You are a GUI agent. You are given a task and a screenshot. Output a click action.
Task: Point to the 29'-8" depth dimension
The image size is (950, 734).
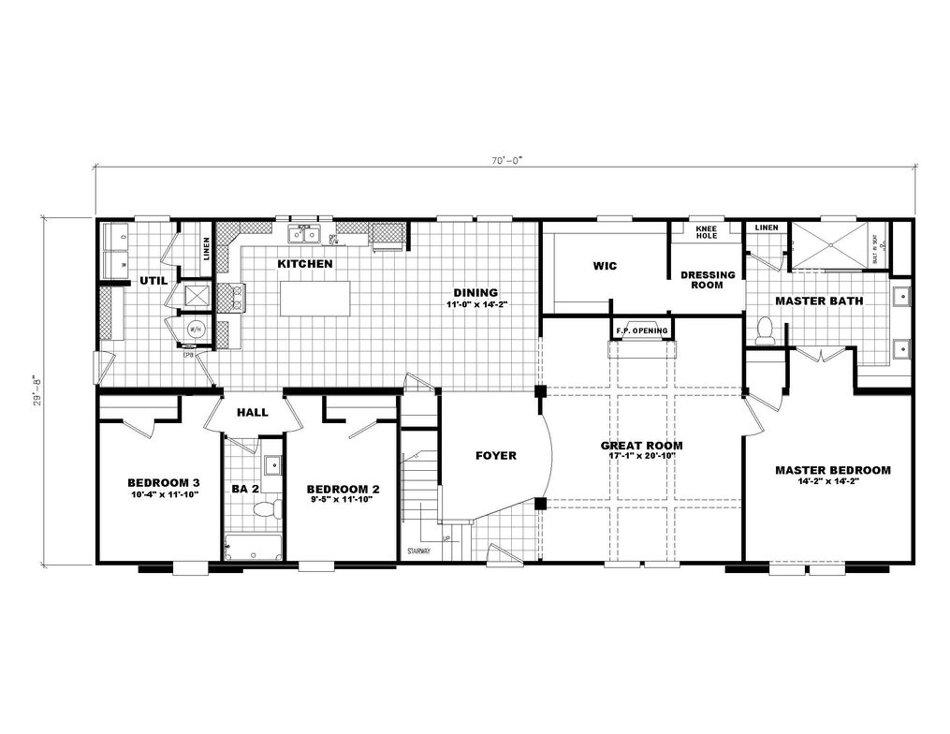coord(36,390)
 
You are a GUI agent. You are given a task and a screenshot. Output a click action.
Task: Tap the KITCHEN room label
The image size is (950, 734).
coord(305,265)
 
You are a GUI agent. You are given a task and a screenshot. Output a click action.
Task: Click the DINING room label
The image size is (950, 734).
coord(476,292)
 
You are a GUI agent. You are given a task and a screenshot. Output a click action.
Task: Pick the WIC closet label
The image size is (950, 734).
coord(605,266)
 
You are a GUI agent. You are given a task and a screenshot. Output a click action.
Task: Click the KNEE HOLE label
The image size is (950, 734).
coord(706,232)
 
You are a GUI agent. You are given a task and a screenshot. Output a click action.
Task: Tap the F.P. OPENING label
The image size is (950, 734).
coord(641,331)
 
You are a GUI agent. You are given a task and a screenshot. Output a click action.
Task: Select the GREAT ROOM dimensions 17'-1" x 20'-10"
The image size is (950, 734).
coord(641,458)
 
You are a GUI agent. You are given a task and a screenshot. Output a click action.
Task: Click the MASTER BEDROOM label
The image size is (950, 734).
coord(832,470)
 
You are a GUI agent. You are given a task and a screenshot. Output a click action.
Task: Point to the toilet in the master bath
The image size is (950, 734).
coord(764,330)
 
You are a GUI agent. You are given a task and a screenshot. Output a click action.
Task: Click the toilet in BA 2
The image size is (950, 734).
coord(268,508)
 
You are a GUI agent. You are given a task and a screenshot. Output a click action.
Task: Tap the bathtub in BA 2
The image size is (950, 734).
coord(252,547)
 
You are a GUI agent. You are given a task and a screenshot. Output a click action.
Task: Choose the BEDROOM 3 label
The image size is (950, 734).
coord(164,482)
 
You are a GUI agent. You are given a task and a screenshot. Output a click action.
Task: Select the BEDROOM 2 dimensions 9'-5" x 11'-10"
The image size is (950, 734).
coord(343,500)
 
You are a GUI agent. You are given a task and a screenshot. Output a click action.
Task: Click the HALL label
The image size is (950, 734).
coord(252,412)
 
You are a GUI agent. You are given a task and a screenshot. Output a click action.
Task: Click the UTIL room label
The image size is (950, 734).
coord(153,280)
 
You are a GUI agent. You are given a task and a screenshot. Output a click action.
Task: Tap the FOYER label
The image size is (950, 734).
coord(496,456)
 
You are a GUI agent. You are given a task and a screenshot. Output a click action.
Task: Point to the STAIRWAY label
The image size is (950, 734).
coord(418,551)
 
